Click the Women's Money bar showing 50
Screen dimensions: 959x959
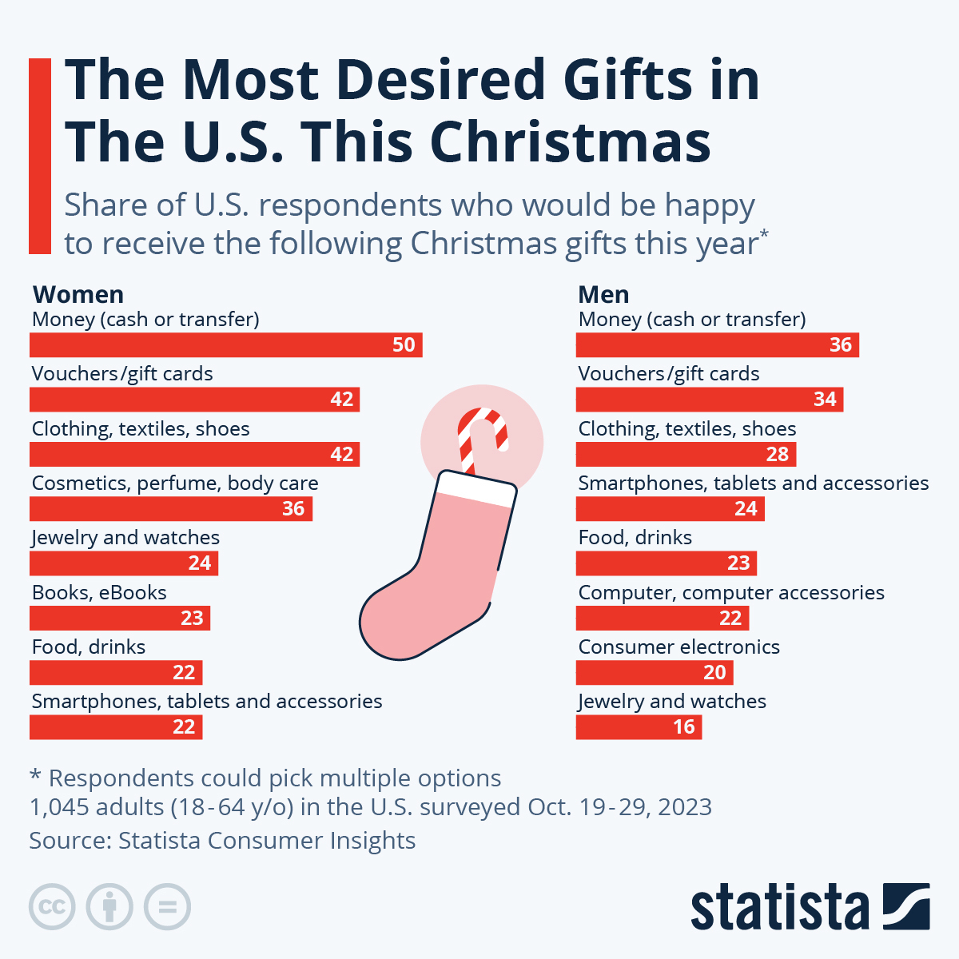coord(225,345)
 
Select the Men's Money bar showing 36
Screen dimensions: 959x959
coord(717,345)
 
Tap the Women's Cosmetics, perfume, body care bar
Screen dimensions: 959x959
coord(170,509)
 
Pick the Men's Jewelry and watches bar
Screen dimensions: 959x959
coord(638,727)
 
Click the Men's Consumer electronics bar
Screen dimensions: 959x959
coord(654,673)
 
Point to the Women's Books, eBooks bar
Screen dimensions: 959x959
coord(119,619)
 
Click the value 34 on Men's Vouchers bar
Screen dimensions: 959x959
coord(825,400)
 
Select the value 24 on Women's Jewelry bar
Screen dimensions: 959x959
coord(200,563)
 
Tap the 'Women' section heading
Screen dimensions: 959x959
coord(78,295)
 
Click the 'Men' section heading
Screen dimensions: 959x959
coord(603,295)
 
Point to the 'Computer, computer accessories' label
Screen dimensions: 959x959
coord(730,593)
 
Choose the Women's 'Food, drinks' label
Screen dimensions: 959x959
coord(89,647)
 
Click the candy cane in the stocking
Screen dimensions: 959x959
coord(481,436)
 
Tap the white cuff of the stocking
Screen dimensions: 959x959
coord(475,488)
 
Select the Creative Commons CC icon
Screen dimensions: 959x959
coord(52,907)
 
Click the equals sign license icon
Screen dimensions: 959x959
coord(167,907)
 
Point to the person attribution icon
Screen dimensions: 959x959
coord(109,907)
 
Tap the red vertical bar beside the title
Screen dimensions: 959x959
coord(40,156)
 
